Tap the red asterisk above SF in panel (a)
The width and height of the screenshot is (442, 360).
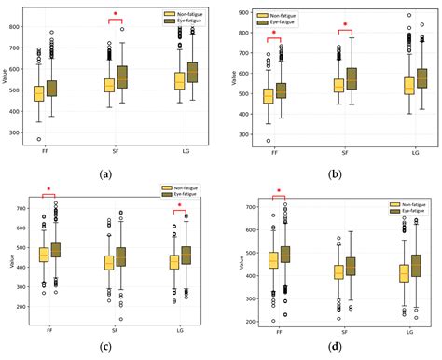pyautogui.click(x=116, y=14)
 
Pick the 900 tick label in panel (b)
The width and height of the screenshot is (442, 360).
pyautogui.click(x=240, y=14)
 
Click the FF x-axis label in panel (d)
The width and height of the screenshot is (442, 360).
pyautogui.click(x=276, y=331)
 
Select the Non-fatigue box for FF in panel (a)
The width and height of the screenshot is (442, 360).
pyautogui.click(x=38, y=93)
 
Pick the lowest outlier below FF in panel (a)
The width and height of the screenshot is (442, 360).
pyautogui.click(x=38, y=139)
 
